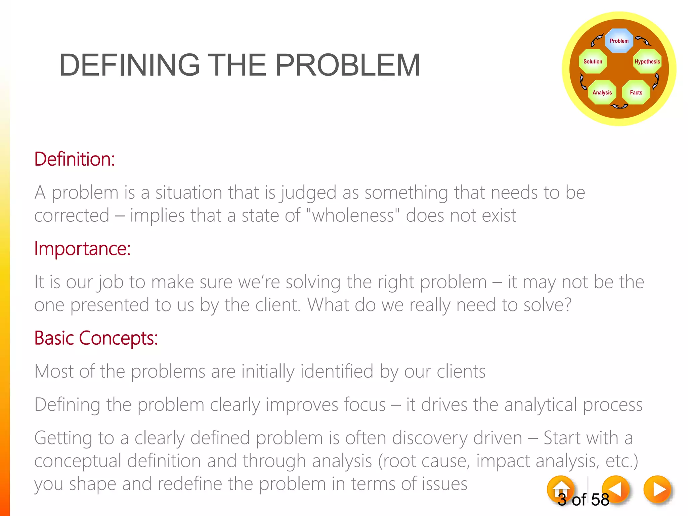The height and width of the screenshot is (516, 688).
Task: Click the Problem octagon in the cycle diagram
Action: coord(619,41)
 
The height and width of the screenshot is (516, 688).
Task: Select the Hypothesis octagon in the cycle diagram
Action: coord(647,61)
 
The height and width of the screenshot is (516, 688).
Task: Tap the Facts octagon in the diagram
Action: coord(636,92)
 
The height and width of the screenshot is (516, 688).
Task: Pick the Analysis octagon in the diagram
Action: coord(602,92)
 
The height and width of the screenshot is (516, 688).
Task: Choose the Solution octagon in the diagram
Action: coord(593,61)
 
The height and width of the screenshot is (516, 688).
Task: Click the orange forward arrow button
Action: coord(657,489)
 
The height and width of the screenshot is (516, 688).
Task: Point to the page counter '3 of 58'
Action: coord(584,500)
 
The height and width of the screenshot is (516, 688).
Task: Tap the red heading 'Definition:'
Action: coord(75,159)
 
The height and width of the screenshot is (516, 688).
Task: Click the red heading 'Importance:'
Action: coord(82,249)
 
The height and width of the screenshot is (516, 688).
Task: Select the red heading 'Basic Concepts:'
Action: coord(96,338)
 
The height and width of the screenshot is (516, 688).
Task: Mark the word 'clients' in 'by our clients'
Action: coord(461,372)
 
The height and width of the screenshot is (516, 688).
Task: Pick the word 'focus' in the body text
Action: coord(364,404)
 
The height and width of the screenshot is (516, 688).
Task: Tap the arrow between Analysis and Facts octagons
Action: coord(619,106)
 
